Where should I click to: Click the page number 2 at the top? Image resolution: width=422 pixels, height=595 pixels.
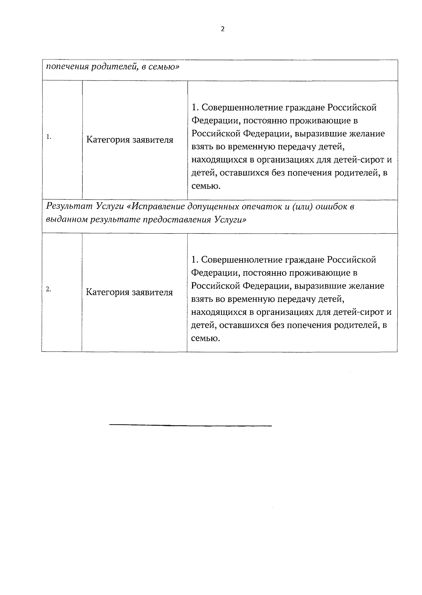(x=222, y=29)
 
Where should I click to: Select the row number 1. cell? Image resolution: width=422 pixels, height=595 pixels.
(x=49, y=137)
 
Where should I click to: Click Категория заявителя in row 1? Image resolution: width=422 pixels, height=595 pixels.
(x=130, y=140)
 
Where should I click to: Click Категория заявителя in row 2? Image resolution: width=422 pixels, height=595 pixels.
(x=129, y=292)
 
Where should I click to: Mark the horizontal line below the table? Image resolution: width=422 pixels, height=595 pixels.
(x=190, y=425)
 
